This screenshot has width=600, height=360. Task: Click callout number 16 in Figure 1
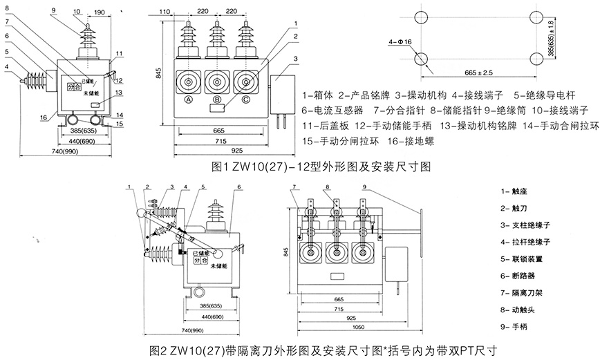coord(43,118)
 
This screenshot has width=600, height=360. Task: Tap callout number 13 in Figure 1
coord(119,93)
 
